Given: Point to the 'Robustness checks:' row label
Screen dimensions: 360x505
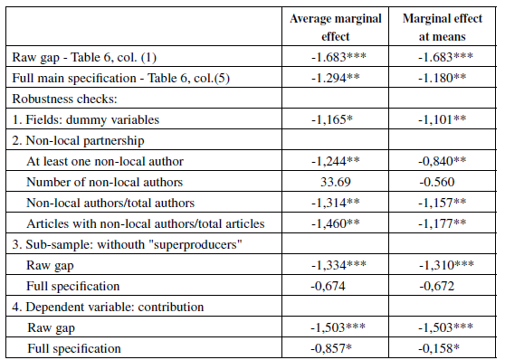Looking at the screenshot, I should [x=60, y=97].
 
